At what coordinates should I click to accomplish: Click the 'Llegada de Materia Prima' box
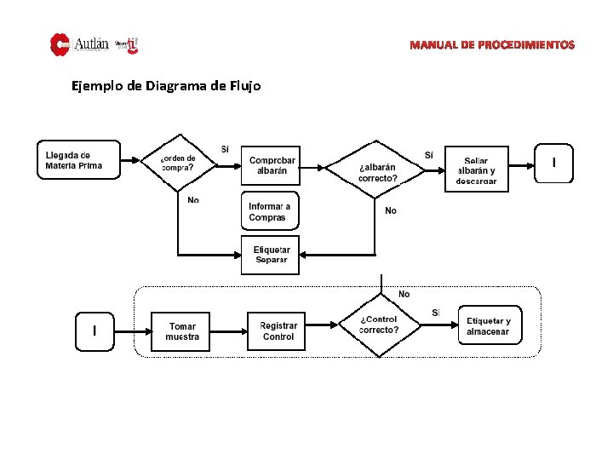(79, 160)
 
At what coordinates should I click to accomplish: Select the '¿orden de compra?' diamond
(178, 162)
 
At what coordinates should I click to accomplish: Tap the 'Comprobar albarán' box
(272, 165)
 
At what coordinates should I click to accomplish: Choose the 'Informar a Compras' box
(270, 212)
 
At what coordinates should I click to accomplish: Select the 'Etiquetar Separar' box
(270, 255)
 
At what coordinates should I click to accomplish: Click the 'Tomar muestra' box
(181, 331)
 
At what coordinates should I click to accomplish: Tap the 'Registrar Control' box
(278, 331)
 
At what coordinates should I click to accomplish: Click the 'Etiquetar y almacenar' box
(488, 325)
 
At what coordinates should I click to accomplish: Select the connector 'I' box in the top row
(554, 163)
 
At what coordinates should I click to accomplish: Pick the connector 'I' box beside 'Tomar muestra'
(95, 331)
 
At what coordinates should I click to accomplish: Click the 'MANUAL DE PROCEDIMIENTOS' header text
(491, 44)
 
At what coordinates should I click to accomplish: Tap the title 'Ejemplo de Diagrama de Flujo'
(166, 86)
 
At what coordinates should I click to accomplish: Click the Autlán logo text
(91, 43)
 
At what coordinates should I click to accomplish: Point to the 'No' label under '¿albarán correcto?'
(391, 210)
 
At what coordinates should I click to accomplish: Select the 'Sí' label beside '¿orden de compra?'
(225, 150)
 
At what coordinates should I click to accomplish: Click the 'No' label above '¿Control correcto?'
(404, 294)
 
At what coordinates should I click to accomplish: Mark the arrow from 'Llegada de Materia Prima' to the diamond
(132, 160)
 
